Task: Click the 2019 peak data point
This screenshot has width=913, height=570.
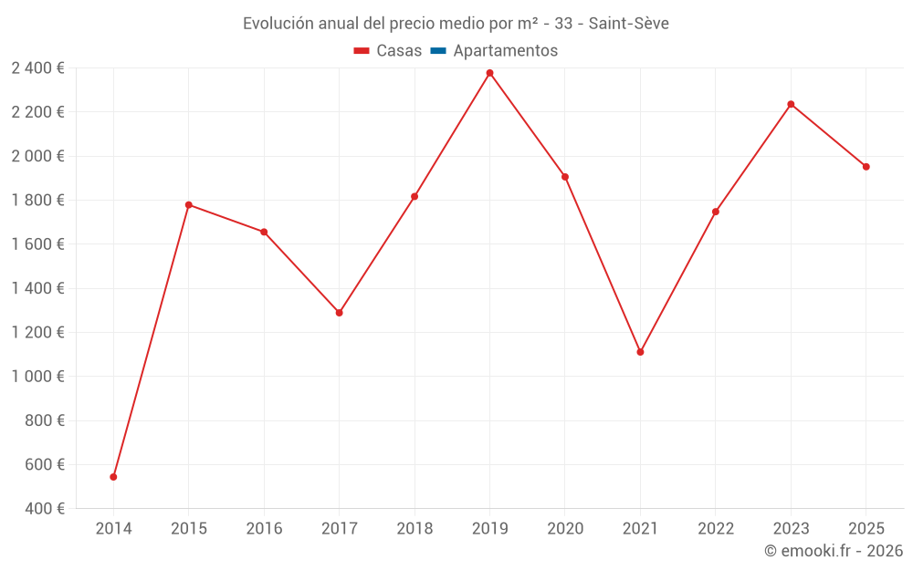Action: [489, 73]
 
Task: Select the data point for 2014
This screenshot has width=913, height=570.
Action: [113, 477]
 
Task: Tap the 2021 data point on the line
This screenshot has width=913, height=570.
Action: [640, 352]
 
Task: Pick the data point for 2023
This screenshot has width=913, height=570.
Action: [791, 104]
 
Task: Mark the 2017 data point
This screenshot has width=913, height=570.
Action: [339, 313]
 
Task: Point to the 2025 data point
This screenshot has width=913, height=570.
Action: [866, 167]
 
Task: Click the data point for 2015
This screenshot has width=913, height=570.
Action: [189, 204]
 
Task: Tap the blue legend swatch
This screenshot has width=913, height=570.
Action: [437, 51]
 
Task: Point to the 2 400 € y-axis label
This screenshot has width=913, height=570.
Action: [38, 67]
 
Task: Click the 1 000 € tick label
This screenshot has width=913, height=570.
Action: [38, 377]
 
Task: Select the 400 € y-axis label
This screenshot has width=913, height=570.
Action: [44, 509]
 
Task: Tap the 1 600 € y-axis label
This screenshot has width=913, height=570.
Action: [38, 244]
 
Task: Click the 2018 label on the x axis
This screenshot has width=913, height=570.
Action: [415, 529]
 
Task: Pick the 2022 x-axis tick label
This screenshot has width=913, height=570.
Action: [716, 529]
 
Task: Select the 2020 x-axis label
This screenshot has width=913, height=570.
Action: [565, 529]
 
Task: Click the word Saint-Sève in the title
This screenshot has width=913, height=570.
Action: [629, 24]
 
